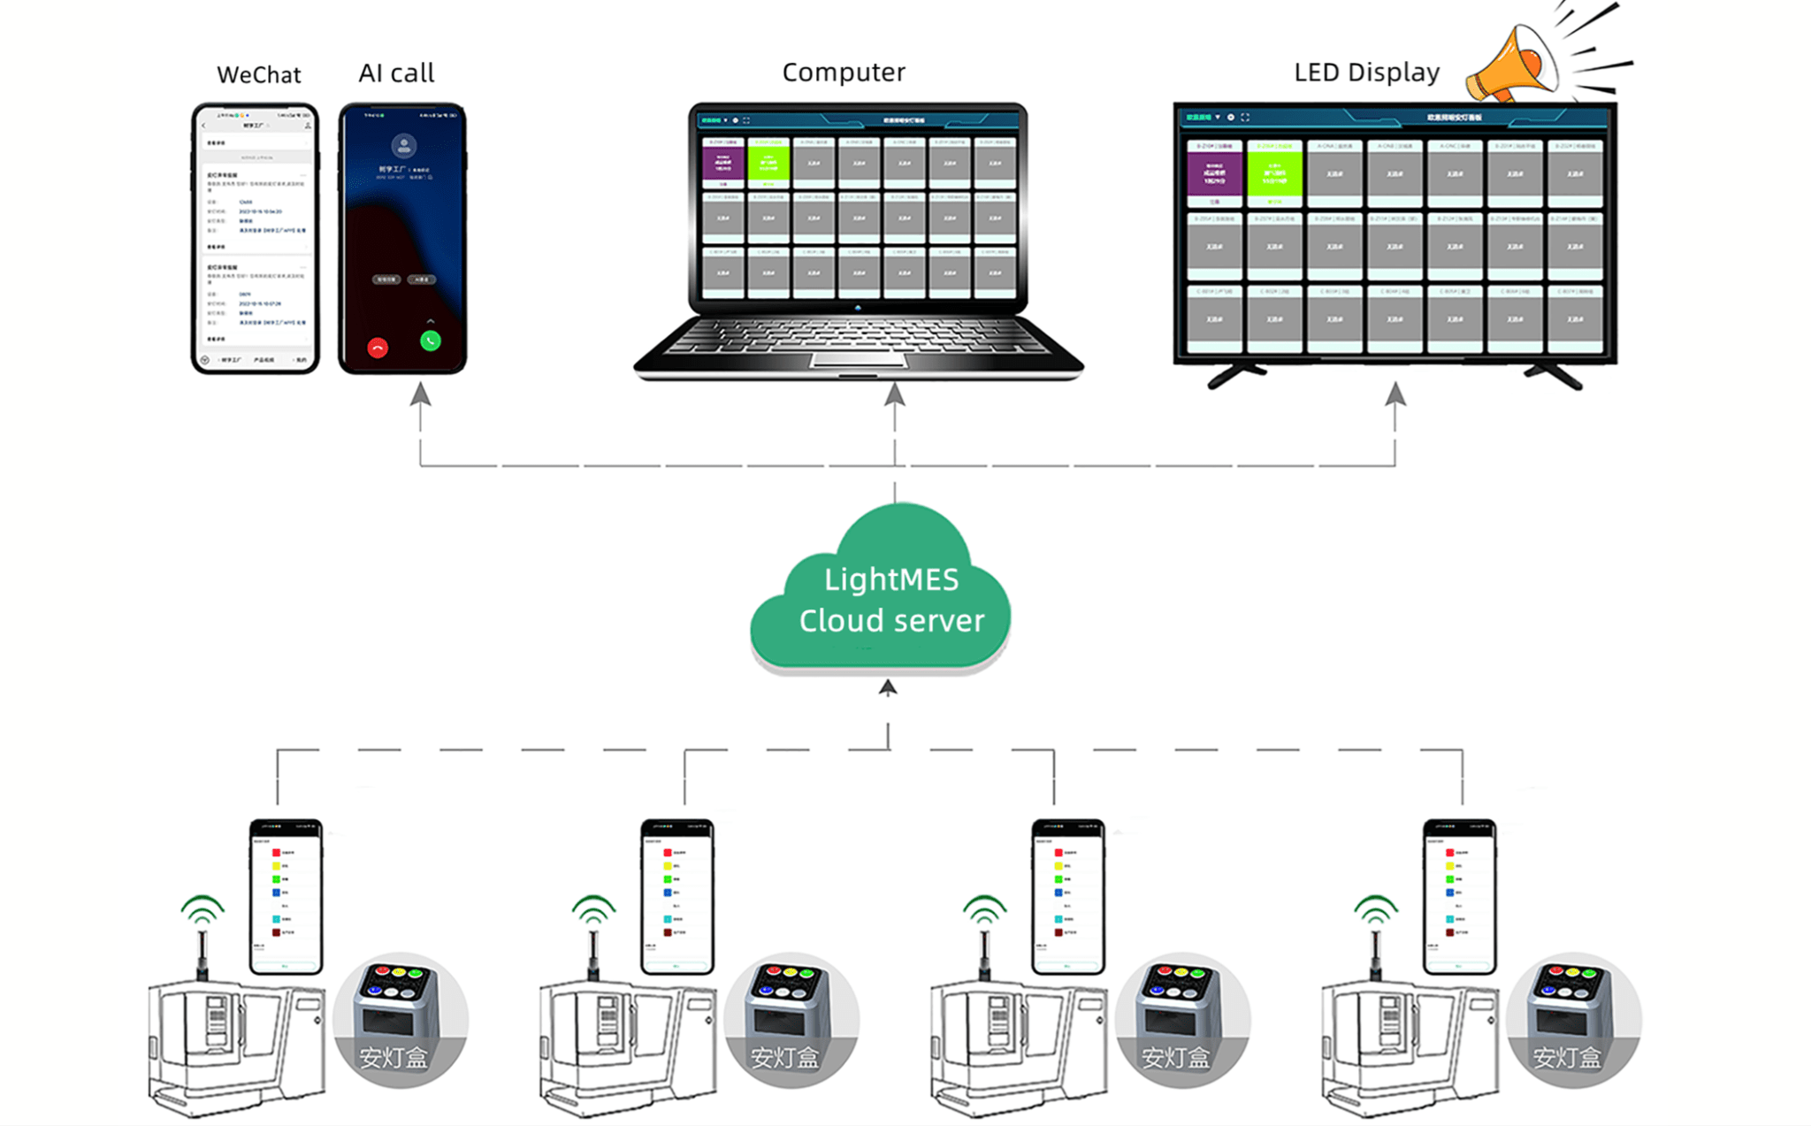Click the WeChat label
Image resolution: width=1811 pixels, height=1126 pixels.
(258, 74)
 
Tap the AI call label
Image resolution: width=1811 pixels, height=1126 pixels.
(396, 73)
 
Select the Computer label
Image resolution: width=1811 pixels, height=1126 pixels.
(844, 72)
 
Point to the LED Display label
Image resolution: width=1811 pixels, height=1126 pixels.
(1366, 72)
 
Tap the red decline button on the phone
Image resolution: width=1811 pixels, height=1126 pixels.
(378, 348)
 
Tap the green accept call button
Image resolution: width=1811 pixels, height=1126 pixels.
(431, 341)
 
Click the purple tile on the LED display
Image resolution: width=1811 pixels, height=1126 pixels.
(1214, 174)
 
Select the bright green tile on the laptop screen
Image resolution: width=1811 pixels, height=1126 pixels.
(768, 164)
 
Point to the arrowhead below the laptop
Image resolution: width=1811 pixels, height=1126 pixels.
(895, 394)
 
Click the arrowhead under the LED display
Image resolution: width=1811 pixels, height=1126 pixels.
(1395, 394)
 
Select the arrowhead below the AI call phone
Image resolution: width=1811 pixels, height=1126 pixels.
(421, 394)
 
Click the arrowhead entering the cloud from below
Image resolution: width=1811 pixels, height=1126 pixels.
(888, 687)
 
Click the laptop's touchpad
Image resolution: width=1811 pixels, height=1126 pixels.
(859, 360)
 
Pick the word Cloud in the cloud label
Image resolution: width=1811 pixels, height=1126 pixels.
(840, 621)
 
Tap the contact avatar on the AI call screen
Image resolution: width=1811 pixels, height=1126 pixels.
(404, 145)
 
